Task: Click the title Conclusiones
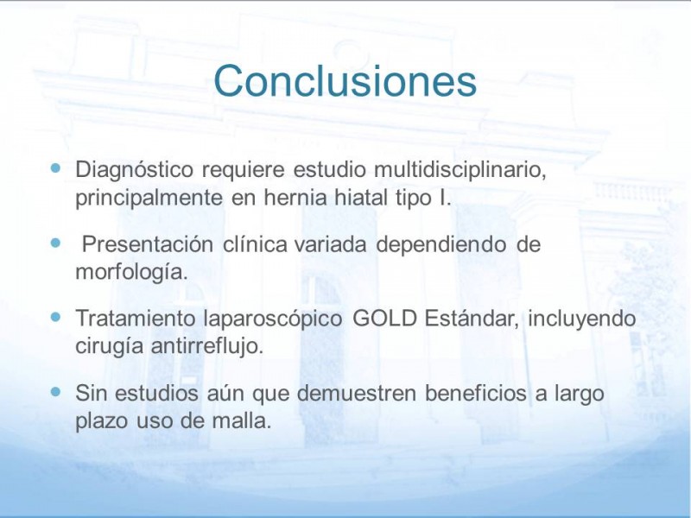coord(345,80)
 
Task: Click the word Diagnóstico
coord(135,169)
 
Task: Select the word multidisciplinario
coord(460,169)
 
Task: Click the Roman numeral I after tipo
coord(443,197)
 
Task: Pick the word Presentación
coord(148,244)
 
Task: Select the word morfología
coord(131,272)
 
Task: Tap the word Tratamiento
coord(136,318)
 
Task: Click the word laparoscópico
coord(273,319)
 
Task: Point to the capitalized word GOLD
coord(385,318)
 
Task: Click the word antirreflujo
coord(207,346)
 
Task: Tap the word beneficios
coord(476,393)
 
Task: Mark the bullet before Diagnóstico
coord(55,167)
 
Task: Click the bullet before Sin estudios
coord(55,391)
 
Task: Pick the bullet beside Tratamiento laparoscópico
coord(55,316)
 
